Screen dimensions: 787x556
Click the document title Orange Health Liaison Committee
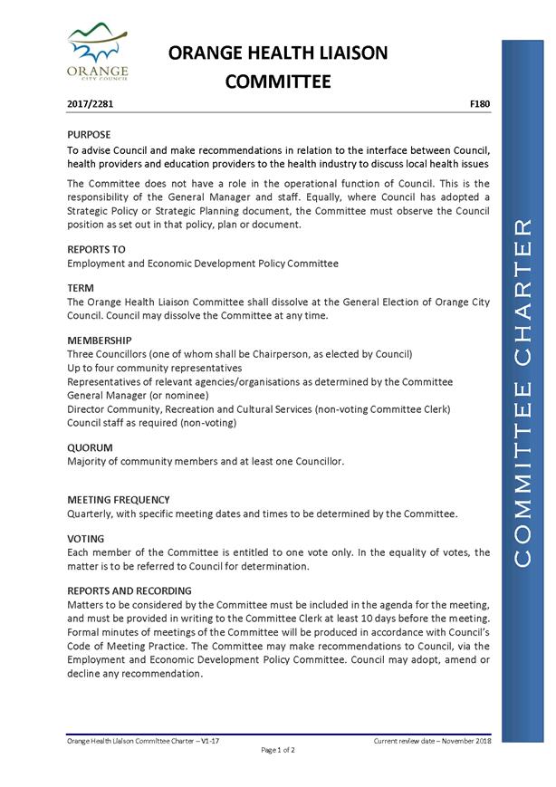pos(278,68)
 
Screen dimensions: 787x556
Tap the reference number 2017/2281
pos(91,104)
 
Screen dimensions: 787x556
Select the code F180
pos(480,104)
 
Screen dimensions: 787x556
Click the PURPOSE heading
pos(90,134)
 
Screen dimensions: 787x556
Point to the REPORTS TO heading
pos(96,249)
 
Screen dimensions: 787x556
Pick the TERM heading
pos(81,287)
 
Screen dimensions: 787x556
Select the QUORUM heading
pos(91,447)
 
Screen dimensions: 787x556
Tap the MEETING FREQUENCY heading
pos(119,500)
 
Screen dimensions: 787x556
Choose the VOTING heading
pos(86,539)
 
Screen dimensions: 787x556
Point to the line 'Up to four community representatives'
pos(155,368)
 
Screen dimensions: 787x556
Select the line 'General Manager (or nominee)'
pos(138,395)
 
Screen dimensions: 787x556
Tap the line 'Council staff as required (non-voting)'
pos(152,422)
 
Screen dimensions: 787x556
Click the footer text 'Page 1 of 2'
pos(278,750)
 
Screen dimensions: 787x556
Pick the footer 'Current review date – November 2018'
pos(431,741)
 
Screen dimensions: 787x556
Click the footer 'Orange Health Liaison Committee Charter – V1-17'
pos(144,741)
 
